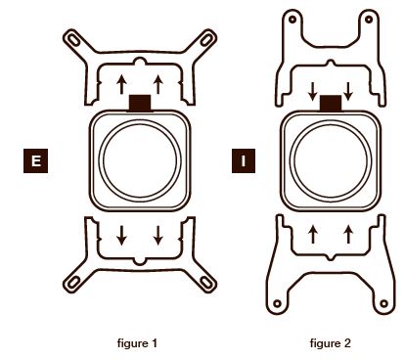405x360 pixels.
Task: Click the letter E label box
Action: (35, 160)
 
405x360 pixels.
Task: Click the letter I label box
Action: (244, 160)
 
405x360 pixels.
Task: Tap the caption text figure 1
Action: (137, 343)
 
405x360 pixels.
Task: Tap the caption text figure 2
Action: (330, 343)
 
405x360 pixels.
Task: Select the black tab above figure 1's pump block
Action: (140, 103)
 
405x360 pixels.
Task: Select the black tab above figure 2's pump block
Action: (331, 104)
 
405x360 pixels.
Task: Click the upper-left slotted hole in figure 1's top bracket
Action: (73, 39)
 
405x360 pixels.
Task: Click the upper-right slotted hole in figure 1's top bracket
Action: (206, 39)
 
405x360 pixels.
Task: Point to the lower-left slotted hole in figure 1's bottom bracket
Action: (73, 282)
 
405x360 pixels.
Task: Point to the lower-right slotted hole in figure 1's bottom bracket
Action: (206, 282)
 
